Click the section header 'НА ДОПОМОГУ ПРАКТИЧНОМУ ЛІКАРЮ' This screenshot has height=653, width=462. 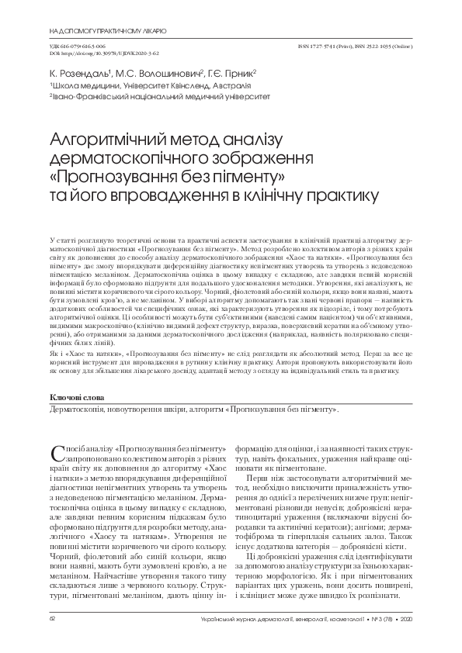pos(107,32)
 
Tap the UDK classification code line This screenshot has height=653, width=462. pos(75,47)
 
